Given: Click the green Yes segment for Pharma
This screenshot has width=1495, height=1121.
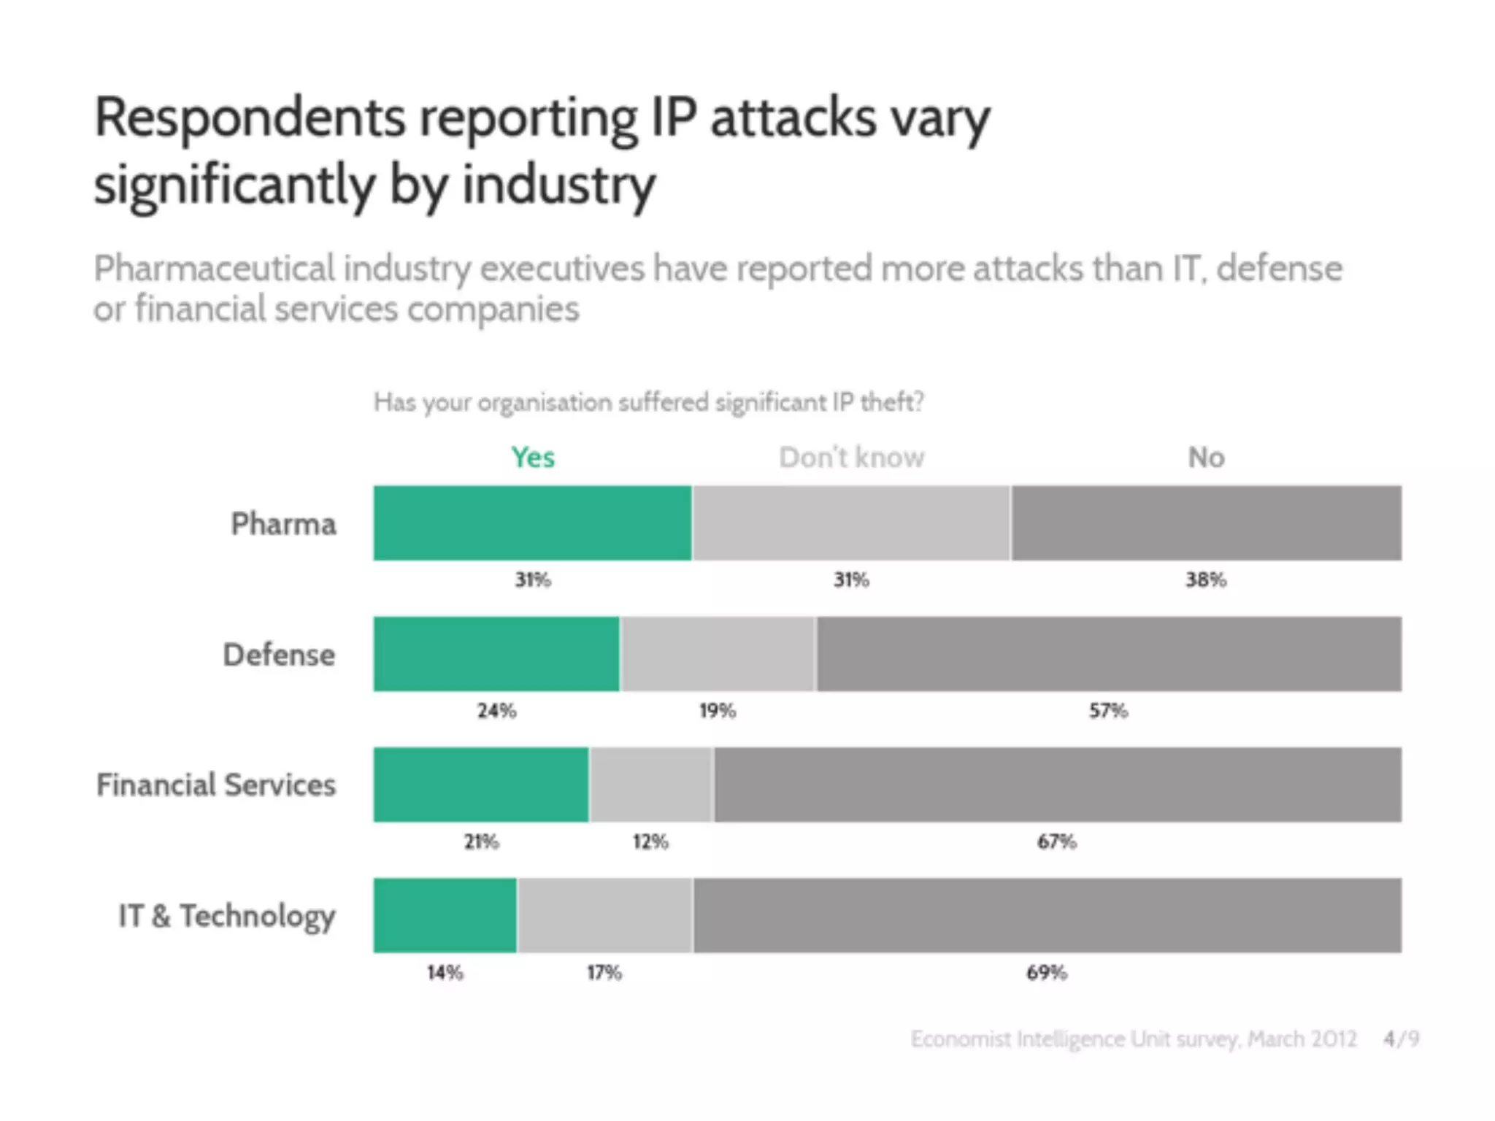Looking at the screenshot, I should pyautogui.click(x=532, y=523).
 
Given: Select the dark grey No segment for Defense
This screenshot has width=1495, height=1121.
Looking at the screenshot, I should pyautogui.click(x=1108, y=654).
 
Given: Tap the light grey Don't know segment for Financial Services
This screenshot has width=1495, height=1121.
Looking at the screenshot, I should pyautogui.click(x=651, y=785).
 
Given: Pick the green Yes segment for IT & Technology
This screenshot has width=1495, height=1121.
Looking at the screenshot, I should pyautogui.click(x=445, y=915).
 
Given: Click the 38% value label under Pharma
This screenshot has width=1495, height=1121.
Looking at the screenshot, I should pyautogui.click(x=1205, y=579).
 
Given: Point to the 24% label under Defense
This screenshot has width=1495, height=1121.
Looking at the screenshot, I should pyautogui.click(x=496, y=710).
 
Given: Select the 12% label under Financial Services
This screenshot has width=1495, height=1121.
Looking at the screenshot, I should pyautogui.click(x=650, y=841).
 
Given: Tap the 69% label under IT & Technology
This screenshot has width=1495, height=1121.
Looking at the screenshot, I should pyautogui.click(x=1046, y=972).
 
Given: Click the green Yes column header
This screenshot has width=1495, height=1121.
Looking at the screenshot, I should pyautogui.click(x=533, y=458).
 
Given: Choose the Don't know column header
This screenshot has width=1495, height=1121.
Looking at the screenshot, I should pyautogui.click(x=851, y=458).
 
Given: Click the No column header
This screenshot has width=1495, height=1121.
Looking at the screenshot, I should pyautogui.click(x=1206, y=458).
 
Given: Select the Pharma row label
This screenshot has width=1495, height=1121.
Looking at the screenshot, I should pyautogui.click(x=283, y=524).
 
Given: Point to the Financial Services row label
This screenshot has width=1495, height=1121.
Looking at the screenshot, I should pyautogui.click(x=216, y=785).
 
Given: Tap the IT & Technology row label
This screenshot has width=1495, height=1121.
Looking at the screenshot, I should pyautogui.click(x=227, y=916).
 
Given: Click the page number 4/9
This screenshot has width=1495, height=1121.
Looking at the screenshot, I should pyautogui.click(x=1401, y=1038).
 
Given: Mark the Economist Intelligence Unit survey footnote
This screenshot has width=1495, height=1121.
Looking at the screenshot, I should pyautogui.click(x=1133, y=1038).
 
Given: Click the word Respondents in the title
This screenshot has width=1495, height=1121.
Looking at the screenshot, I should pyautogui.click(x=249, y=118).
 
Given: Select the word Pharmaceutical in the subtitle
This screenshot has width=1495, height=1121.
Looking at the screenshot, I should pyautogui.click(x=214, y=269).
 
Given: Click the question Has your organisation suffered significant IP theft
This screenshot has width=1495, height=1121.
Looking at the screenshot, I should pyautogui.click(x=648, y=402).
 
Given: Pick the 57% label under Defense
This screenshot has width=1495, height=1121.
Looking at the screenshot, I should pyautogui.click(x=1108, y=710).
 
